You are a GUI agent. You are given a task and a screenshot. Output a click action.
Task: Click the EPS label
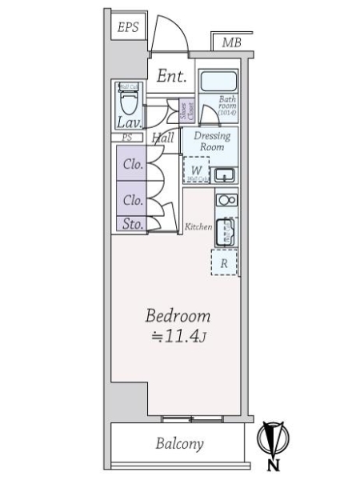[128, 27]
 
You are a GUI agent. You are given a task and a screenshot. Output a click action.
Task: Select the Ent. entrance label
[171, 77]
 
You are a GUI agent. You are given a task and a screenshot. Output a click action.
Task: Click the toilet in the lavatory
[129, 102]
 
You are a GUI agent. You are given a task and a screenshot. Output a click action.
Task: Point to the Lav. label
[129, 122]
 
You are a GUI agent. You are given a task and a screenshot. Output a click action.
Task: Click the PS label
[128, 138]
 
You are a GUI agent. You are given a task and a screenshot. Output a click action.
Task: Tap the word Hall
[163, 138]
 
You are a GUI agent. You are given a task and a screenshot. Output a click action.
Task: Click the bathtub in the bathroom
[218, 82]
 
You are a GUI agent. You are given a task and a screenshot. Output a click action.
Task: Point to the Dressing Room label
[213, 142]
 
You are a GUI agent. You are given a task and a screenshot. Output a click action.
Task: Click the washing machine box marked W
[196, 170]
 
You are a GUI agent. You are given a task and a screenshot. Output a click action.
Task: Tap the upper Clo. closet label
[133, 166]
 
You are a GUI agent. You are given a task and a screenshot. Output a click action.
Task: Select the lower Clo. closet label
[133, 199]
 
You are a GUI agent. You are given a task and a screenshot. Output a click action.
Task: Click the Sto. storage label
[133, 224]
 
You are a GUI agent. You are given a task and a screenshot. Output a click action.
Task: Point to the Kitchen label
[198, 227]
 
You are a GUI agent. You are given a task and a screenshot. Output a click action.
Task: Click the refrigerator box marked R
[225, 262]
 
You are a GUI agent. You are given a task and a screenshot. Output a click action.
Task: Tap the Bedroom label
[177, 315]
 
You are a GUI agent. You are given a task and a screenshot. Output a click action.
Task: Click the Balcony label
[178, 443]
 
